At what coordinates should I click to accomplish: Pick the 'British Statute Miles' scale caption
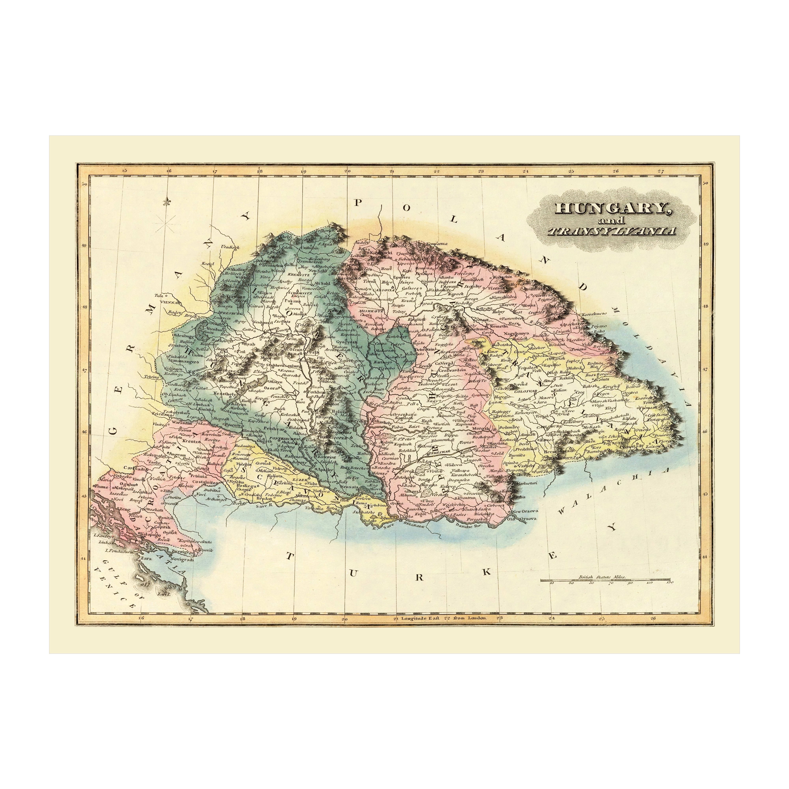pos(602,578)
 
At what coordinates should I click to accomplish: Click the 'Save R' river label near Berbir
pos(261,505)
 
